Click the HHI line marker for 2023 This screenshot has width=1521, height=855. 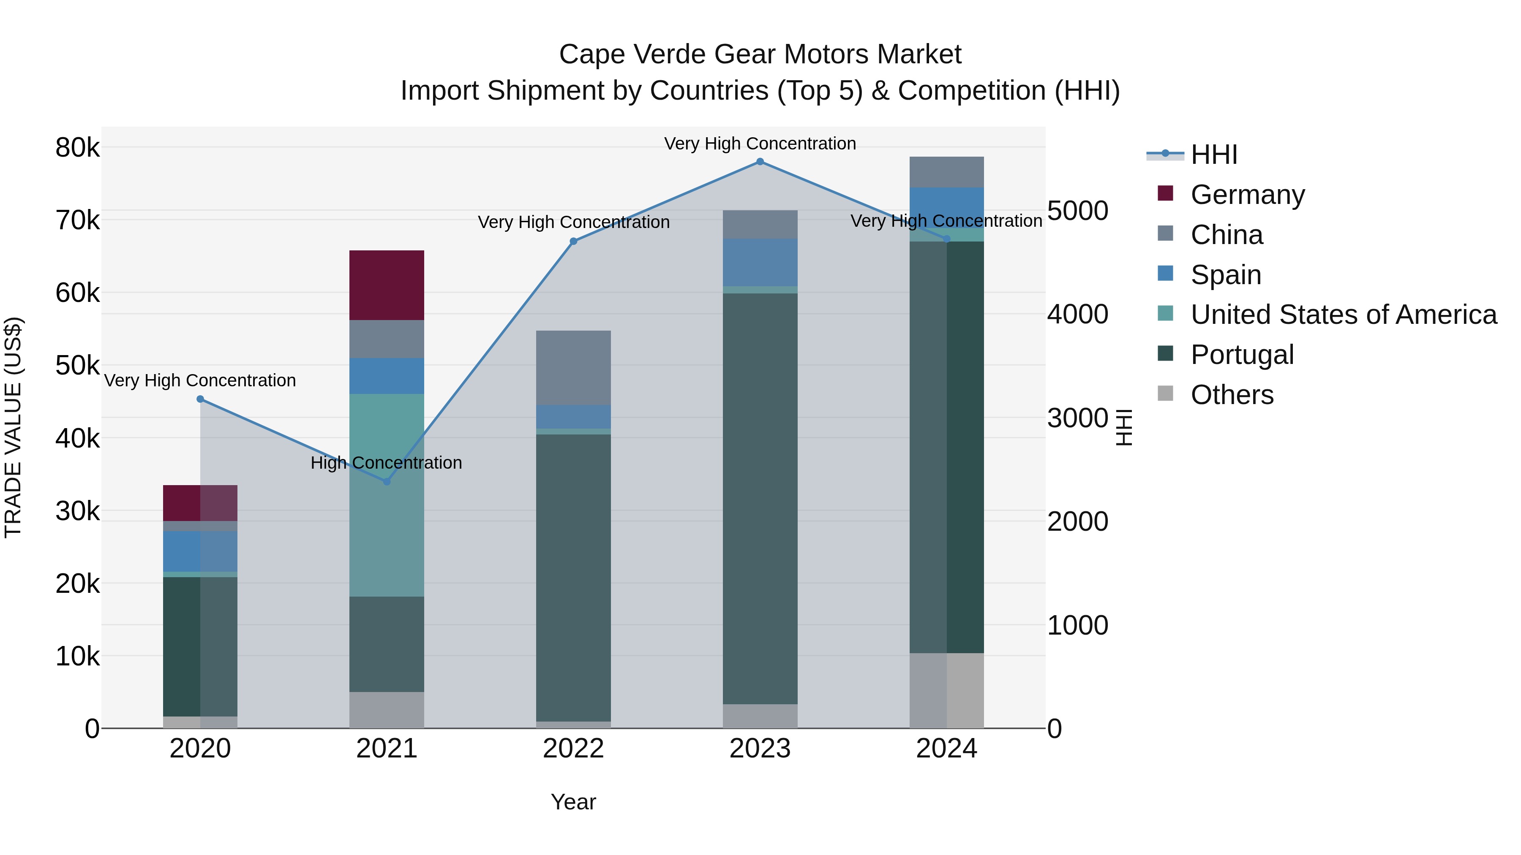click(760, 162)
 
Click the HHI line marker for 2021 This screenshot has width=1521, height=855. click(387, 481)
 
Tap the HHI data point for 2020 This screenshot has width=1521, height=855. click(200, 399)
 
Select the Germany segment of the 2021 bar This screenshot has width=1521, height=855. click(387, 285)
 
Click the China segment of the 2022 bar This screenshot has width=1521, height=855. click(573, 368)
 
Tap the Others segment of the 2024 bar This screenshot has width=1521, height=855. click(946, 690)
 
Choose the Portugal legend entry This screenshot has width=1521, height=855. click(1242, 355)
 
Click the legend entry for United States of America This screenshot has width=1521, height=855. click(1343, 315)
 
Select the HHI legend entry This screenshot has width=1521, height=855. click(1213, 155)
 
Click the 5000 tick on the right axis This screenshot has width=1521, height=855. click(1077, 211)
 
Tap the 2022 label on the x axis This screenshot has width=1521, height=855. click(573, 749)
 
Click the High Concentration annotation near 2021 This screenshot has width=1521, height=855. click(386, 463)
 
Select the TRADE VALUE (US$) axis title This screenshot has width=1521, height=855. click(13, 427)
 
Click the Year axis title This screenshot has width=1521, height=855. click(573, 802)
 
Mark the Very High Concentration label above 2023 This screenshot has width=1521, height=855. click(760, 144)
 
